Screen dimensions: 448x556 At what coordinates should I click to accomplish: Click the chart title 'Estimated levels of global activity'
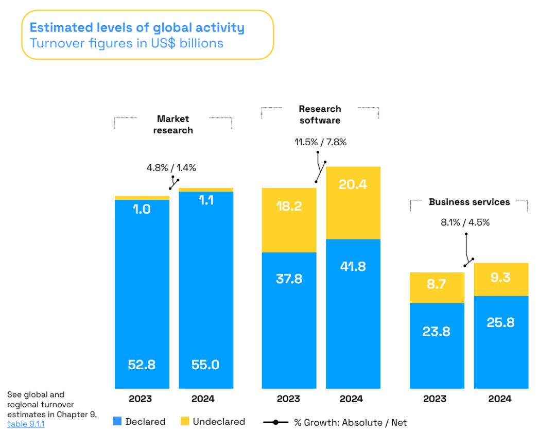click(137, 27)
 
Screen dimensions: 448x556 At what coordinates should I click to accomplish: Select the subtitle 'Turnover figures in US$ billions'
click(127, 43)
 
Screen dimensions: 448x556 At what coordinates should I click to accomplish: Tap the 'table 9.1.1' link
click(26, 424)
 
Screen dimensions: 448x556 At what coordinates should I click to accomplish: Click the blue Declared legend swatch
click(117, 421)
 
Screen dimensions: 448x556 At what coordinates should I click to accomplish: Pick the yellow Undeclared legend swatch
click(185, 421)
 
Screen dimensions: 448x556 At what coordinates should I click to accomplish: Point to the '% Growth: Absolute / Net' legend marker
click(276, 422)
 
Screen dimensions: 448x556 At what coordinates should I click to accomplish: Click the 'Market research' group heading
click(173, 125)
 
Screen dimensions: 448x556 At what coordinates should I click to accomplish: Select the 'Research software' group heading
click(320, 114)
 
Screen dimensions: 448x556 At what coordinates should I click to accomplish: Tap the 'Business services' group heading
click(469, 202)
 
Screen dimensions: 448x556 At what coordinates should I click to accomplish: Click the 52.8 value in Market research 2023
click(142, 365)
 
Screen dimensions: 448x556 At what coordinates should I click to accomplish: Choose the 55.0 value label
click(205, 365)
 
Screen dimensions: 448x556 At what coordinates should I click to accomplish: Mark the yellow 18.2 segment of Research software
click(289, 220)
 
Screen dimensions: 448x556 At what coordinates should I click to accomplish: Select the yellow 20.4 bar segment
click(353, 202)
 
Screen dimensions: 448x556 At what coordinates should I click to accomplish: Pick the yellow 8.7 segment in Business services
click(437, 287)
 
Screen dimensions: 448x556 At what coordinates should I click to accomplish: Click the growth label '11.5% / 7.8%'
click(320, 142)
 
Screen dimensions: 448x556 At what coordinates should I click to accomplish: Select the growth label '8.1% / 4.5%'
click(465, 222)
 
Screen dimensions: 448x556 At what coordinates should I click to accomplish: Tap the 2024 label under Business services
click(500, 399)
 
